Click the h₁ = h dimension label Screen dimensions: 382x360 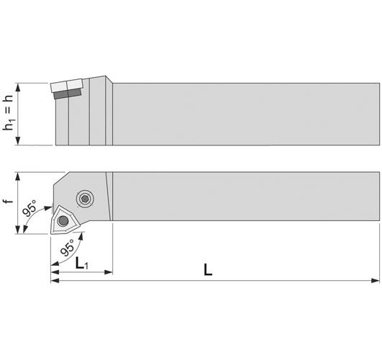coord(8,112)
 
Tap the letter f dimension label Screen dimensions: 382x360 coord(8,201)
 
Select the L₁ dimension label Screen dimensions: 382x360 coord(81,264)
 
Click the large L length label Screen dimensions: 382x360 coord(208,270)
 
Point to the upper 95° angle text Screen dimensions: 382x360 coord(29,208)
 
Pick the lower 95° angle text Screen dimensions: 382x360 coord(68,247)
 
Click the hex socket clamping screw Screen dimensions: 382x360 coord(85,199)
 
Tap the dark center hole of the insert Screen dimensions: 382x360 coord(63,221)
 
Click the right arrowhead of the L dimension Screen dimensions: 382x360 coord(376,281)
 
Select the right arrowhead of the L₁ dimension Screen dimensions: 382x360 coord(109,272)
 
